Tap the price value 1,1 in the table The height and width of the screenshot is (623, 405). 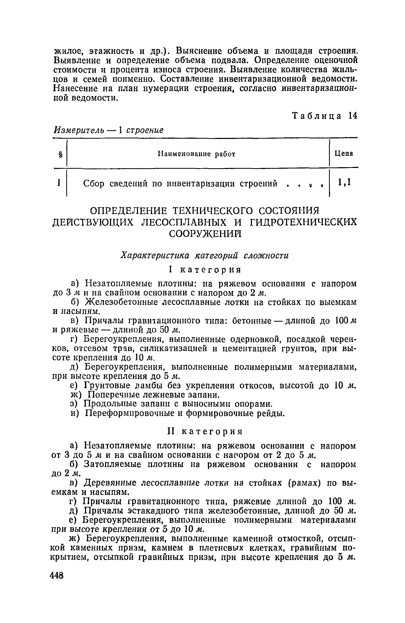[x=345, y=182]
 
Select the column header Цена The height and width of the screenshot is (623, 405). [x=344, y=153]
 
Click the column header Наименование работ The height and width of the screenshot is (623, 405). [x=196, y=154]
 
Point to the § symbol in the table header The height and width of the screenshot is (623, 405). [x=60, y=154]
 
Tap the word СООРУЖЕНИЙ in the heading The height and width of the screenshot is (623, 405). [x=205, y=234]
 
